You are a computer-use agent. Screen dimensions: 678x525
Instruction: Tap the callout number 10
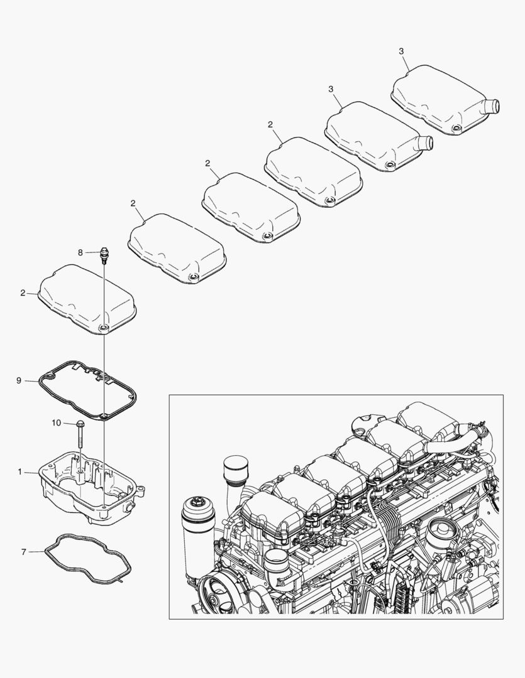(57, 423)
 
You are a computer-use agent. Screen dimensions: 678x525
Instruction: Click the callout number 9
(19, 380)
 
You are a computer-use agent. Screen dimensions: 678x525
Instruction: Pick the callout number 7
(23, 552)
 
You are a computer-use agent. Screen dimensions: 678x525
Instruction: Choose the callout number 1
(19, 471)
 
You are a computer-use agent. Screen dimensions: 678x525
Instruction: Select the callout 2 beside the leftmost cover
(23, 293)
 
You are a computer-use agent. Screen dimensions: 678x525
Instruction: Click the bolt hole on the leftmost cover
(104, 327)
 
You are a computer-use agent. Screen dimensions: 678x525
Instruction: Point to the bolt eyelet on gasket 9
(103, 415)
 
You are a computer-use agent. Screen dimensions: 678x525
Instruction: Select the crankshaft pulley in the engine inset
(217, 594)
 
